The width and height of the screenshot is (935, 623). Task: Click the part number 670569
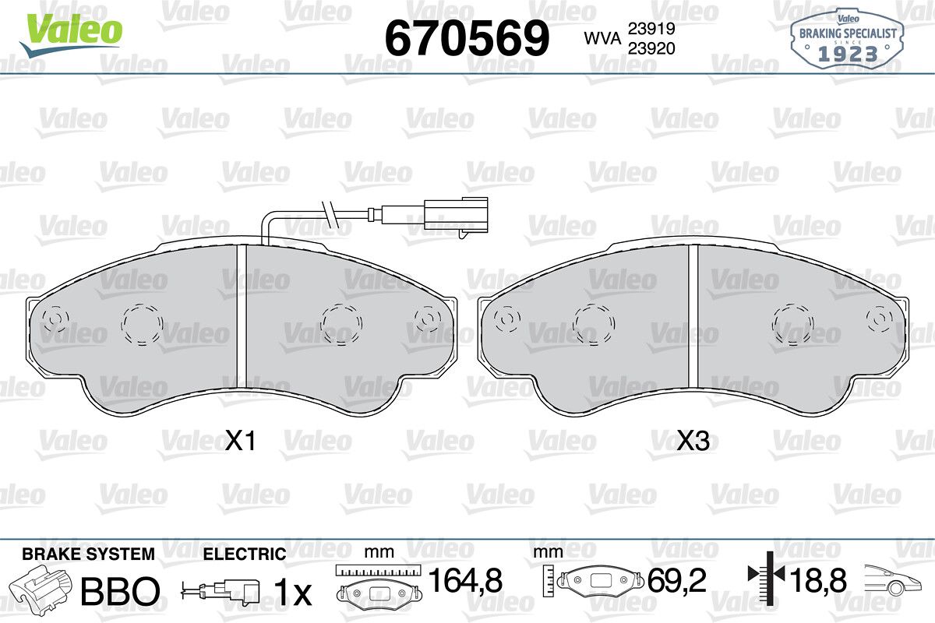click(467, 38)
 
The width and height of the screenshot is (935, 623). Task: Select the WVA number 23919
click(651, 28)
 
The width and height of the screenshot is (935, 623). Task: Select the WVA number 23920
click(651, 48)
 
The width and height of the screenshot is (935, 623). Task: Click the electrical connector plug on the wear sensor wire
click(456, 214)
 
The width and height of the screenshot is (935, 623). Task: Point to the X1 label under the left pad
click(240, 441)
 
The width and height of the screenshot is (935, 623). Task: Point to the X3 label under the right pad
click(693, 441)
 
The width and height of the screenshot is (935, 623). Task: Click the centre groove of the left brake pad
click(242, 318)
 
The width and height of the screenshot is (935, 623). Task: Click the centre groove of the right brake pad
click(693, 322)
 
